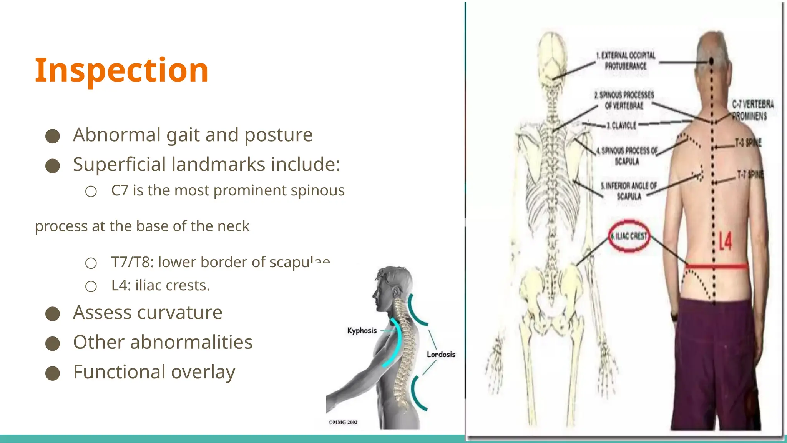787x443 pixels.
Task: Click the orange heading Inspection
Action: pyautogui.click(x=121, y=70)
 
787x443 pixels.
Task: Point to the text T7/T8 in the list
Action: pyautogui.click(x=132, y=262)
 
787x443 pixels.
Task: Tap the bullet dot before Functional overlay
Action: pyautogui.click(x=53, y=373)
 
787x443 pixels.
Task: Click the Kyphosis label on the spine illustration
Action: pyautogui.click(x=362, y=331)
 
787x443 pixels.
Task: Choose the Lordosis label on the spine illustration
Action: pyautogui.click(x=441, y=354)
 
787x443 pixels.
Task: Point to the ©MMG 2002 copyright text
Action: pyautogui.click(x=343, y=422)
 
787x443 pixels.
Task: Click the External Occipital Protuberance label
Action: pyautogui.click(x=626, y=61)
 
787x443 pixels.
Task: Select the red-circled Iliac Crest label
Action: pyautogui.click(x=629, y=236)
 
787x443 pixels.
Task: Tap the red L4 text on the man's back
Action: pyautogui.click(x=726, y=241)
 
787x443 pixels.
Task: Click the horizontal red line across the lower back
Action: pyautogui.click(x=717, y=266)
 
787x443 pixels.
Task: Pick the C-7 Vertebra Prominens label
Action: pyautogui.click(x=752, y=110)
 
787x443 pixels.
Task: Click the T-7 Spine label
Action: pyautogui.click(x=750, y=175)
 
